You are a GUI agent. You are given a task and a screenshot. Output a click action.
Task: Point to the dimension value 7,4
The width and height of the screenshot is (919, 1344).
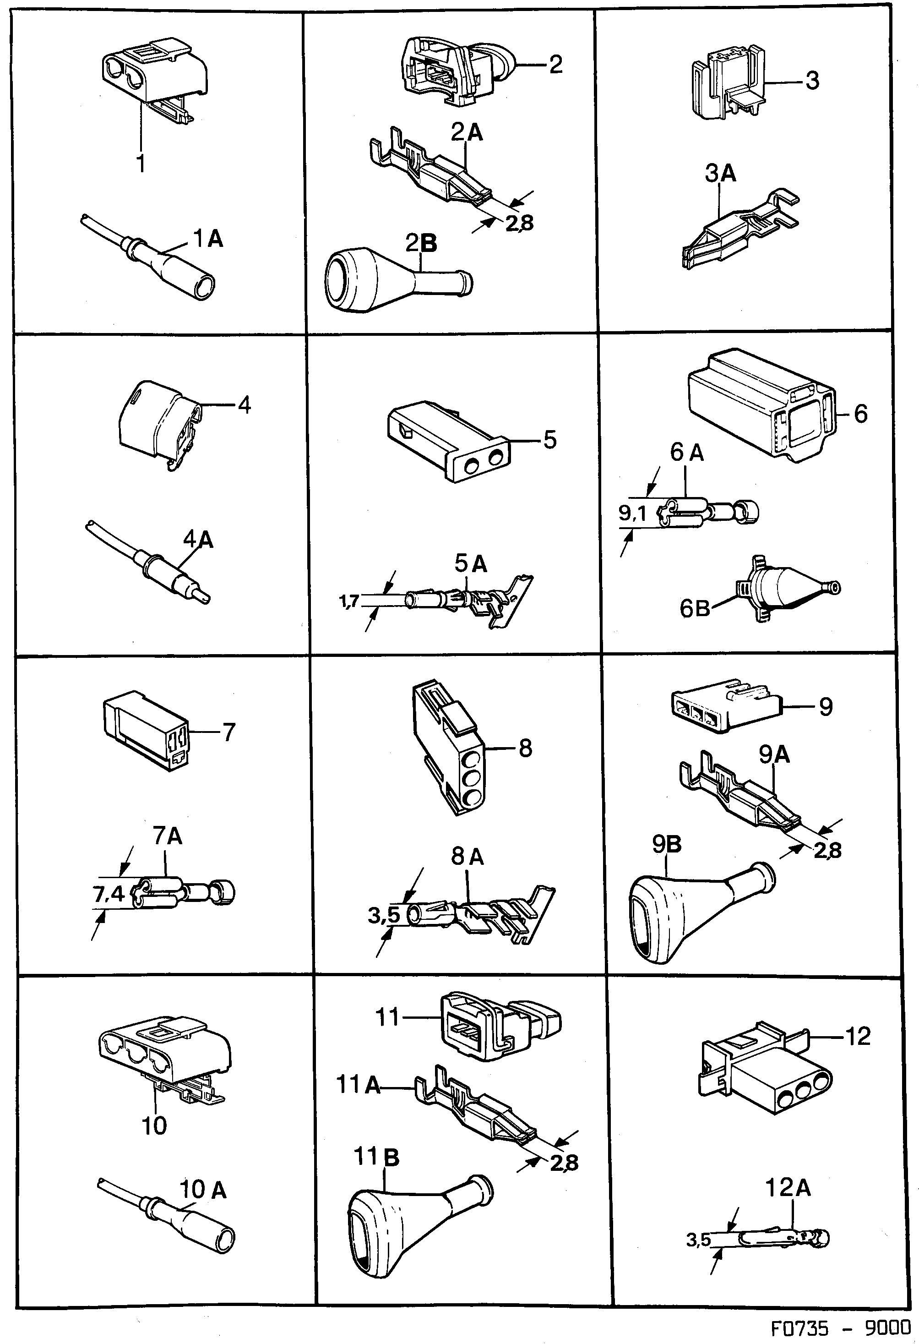109,895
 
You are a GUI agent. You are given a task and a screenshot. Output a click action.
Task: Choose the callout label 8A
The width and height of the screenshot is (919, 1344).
467,857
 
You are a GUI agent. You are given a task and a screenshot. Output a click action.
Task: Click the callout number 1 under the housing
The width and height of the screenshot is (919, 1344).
141,163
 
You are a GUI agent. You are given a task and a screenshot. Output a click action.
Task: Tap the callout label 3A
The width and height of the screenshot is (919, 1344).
720,173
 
